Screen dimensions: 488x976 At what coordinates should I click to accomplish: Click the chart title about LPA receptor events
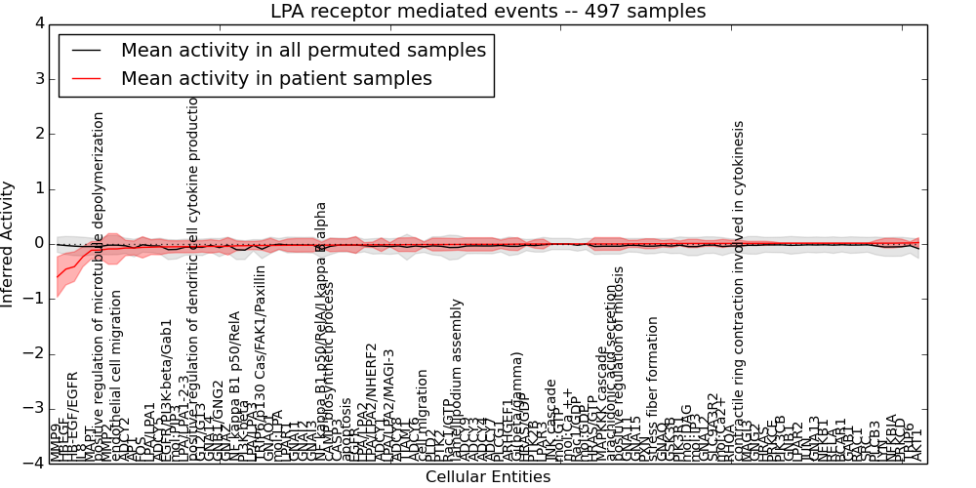coord(488,11)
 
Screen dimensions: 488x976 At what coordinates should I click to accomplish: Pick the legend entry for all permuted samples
coord(303,50)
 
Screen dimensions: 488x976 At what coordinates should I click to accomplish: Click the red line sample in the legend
coord(86,78)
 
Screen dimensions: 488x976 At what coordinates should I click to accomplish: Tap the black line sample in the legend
coord(86,50)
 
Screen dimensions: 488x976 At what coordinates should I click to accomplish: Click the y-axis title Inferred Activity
coord(9,244)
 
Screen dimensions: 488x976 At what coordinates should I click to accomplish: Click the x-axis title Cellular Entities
coord(488,477)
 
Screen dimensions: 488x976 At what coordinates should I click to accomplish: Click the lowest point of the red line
coord(57,278)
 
